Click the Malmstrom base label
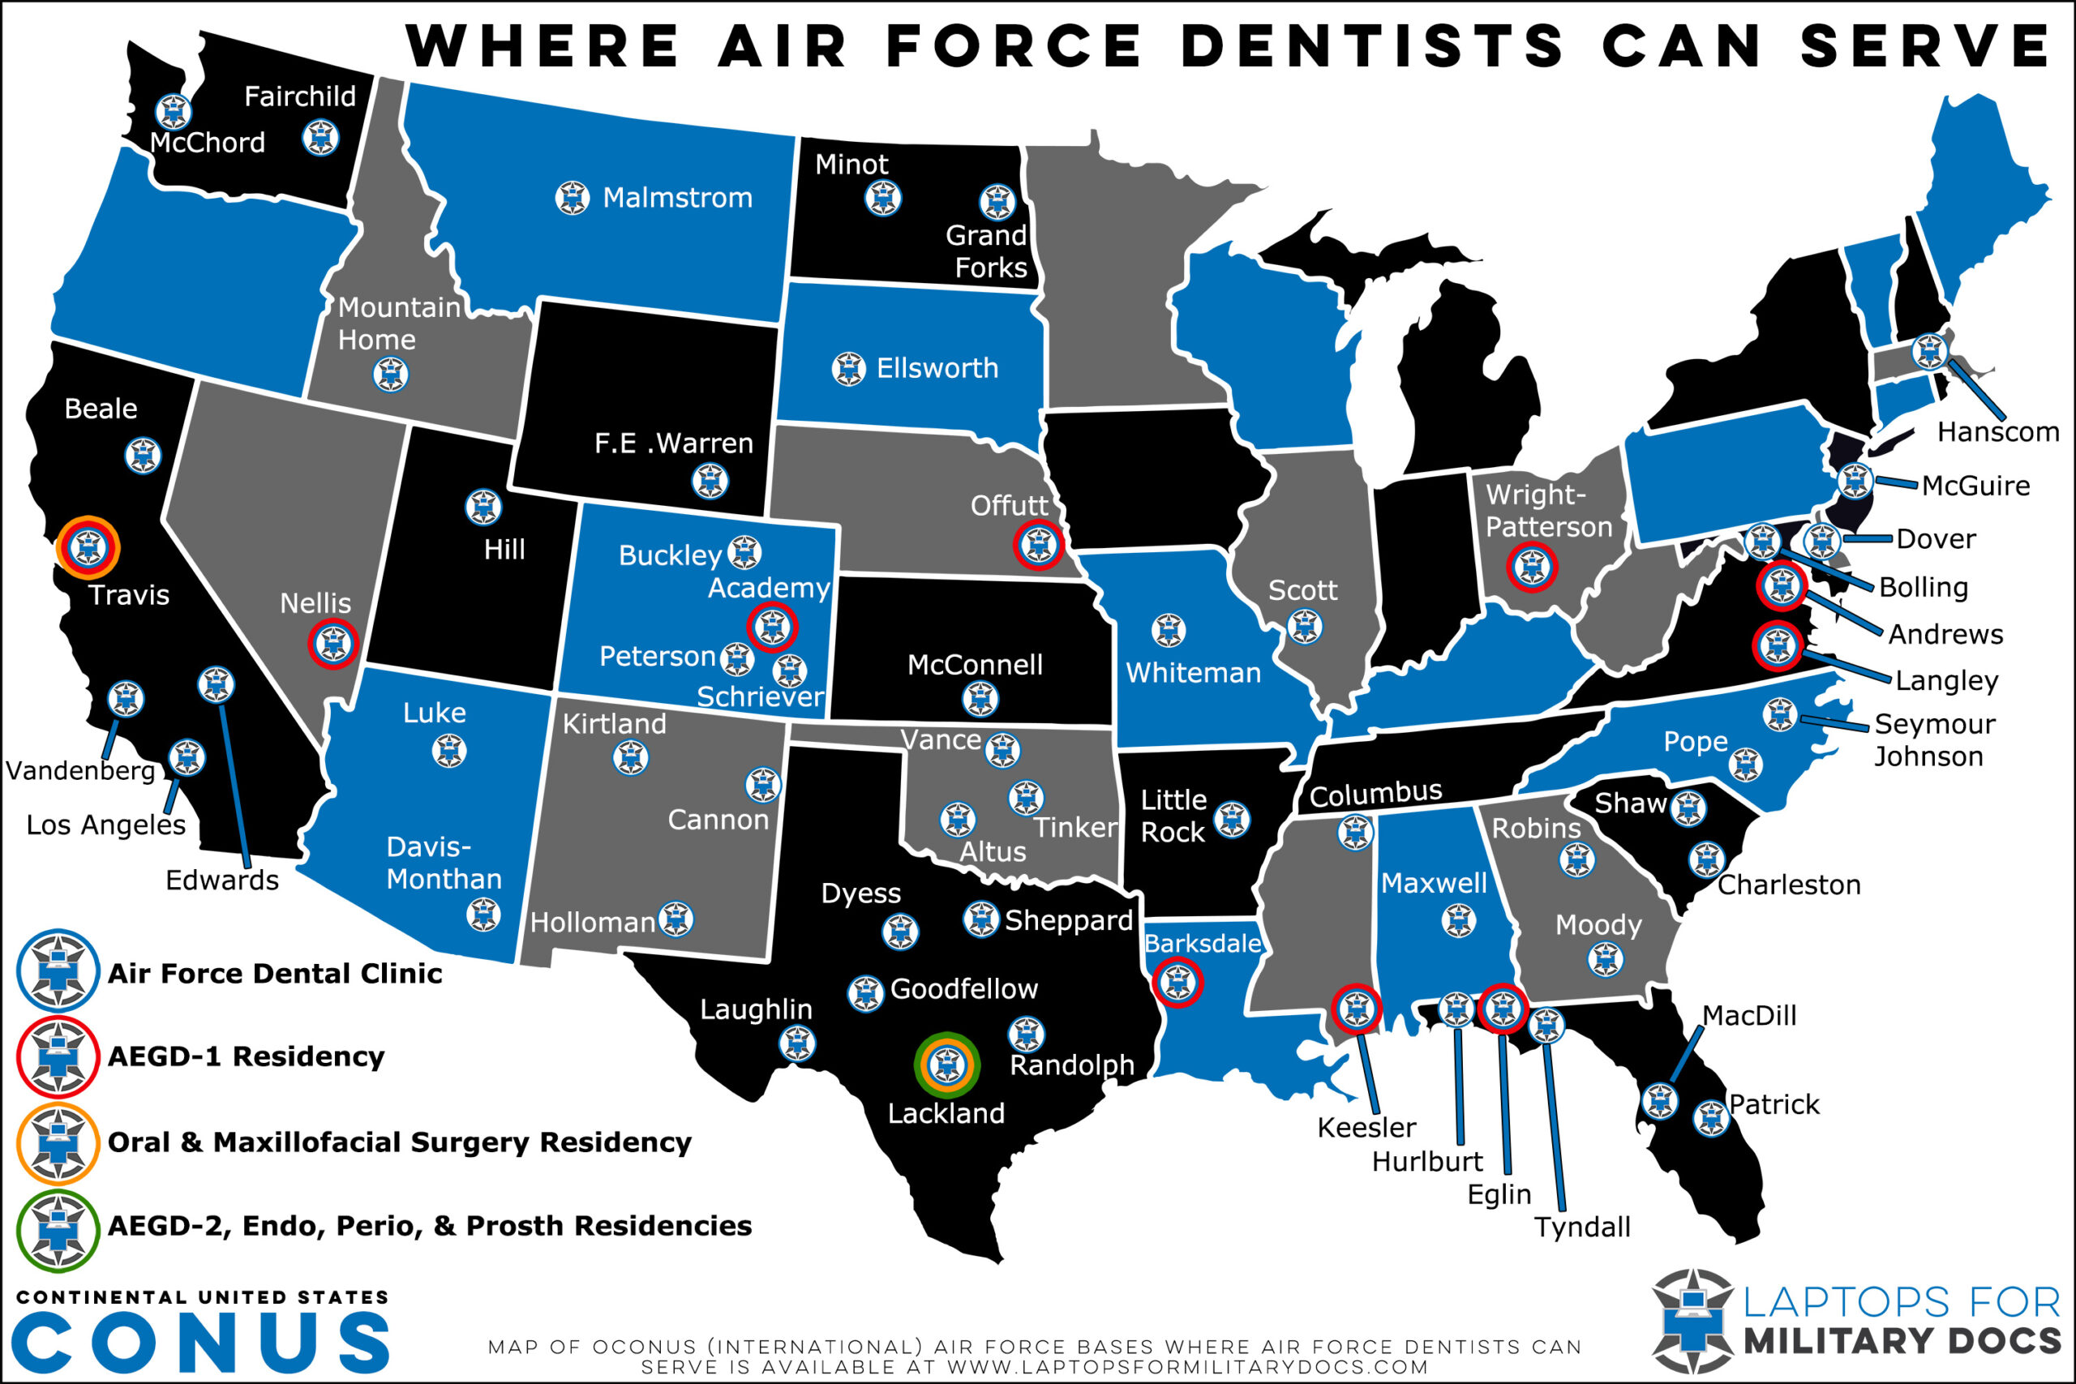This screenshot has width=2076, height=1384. [x=677, y=198]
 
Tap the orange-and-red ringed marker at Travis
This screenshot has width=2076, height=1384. [x=88, y=548]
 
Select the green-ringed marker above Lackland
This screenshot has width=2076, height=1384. [x=946, y=1065]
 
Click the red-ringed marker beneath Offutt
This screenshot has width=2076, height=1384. [x=1038, y=545]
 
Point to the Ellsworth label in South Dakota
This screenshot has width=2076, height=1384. [x=937, y=368]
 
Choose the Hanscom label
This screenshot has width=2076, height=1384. [x=1997, y=431]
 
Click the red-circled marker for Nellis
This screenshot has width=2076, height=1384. [x=332, y=644]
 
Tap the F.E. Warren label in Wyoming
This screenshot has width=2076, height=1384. [x=673, y=443]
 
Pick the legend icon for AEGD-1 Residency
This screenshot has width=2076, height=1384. [x=58, y=1056]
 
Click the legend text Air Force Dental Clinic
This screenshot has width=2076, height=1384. [x=275, y=974]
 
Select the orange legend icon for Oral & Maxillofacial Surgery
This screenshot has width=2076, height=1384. [x=58, y=1143]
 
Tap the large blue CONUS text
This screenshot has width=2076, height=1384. [x=201, y=1342]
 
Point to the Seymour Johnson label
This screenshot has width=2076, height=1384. [x=1934, y=739]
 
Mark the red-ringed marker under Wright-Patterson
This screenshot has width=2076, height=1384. [x=1531, y=566]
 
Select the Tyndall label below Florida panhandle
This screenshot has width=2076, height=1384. [x=1581, y=1227]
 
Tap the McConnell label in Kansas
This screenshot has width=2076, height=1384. [x=975, y=665]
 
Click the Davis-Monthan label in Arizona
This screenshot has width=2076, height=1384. [x=443, y=863]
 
